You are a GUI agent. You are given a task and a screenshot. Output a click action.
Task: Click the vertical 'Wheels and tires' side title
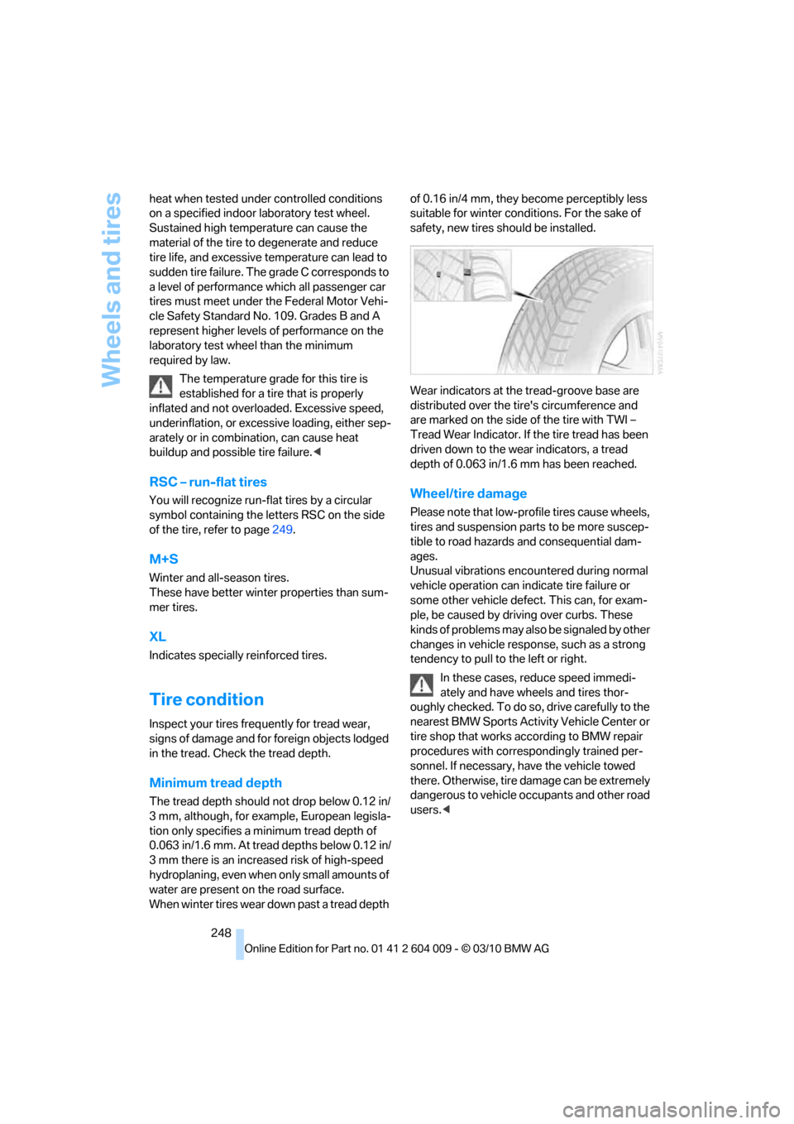(x=111, y=289)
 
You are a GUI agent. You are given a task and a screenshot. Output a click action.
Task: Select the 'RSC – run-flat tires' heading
(x=208, y=482)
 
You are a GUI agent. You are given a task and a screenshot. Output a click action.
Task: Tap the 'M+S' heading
(x=164, y=560)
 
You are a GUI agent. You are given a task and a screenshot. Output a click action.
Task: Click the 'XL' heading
(x=157, y=636)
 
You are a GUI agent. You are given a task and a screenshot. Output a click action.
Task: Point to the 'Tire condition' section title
(x=206, y=699)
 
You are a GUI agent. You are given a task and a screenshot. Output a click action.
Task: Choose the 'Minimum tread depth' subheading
(x=215, y=783)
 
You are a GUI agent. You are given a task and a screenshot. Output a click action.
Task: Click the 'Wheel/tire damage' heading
(x=468, y=493)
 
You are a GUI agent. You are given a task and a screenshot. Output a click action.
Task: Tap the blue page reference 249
(x=282, y=530)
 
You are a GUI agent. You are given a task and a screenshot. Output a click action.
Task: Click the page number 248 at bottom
(x=221, y=933)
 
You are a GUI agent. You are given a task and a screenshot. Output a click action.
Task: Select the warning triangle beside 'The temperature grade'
(x=160, y=386)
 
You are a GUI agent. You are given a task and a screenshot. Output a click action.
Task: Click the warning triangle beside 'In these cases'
(x=422, y=684)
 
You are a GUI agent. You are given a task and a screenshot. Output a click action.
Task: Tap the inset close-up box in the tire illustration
(x=462, y=276)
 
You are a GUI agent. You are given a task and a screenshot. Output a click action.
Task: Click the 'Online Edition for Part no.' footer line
(x=397, y=949)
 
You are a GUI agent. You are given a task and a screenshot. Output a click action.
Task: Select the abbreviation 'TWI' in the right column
(x=617, y=420)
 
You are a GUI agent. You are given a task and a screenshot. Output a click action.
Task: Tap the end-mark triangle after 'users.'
(x=447, y=810)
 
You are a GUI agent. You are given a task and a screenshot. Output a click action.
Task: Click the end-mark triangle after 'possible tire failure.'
(x=317, y=453)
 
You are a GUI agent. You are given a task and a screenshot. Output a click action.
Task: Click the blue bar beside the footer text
(x=240, y=944)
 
